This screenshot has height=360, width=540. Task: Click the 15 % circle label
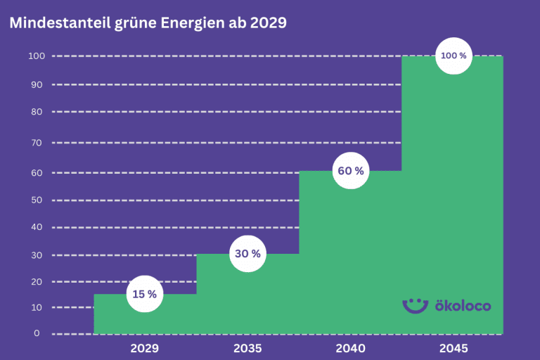(145, 294)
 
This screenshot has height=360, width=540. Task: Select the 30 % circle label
(247, 254)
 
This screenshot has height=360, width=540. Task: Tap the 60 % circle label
(350, 171)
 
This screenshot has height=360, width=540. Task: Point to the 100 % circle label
(454, 56)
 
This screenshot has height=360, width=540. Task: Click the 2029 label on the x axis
(145, 348)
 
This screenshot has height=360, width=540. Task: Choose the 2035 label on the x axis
(247, 348)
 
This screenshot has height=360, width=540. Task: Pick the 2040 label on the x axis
(350, 348)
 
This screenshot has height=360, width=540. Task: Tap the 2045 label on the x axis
(454, 348)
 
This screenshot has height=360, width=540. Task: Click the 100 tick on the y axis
(37, 56)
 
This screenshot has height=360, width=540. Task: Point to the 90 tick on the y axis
(37, 84)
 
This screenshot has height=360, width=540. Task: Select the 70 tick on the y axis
(37, 143)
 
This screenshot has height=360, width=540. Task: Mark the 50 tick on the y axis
(37, 200)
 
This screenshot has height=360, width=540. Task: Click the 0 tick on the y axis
(37, 333)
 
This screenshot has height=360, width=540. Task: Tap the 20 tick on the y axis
(37, 281)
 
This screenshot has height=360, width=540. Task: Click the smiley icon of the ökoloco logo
(415, 304)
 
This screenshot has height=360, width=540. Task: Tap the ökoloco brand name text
(463, 306)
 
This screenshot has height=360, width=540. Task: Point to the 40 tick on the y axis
(37, 227)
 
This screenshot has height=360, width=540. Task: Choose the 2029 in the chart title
(269, 22)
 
